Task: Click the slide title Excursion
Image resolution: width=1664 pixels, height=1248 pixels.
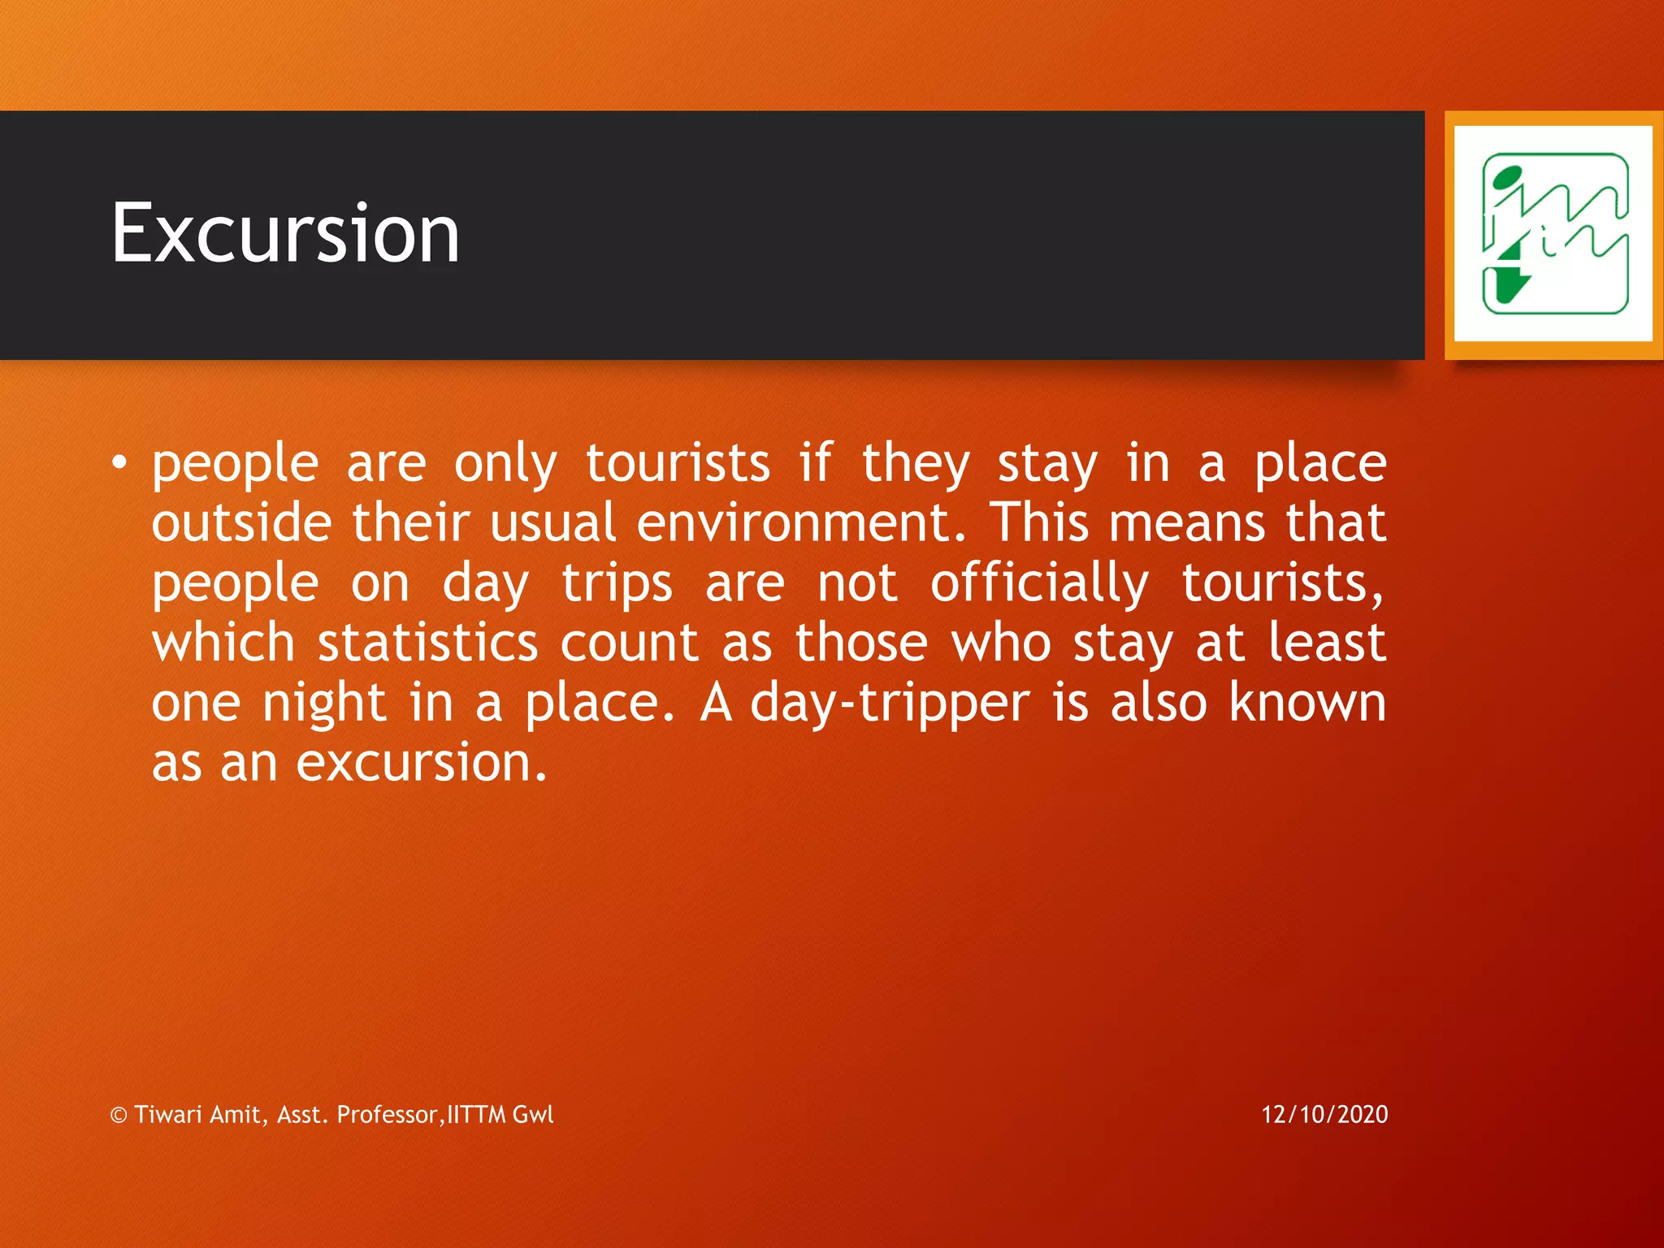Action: point(285,234)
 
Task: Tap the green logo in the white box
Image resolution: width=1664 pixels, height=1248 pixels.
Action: point(1554,234)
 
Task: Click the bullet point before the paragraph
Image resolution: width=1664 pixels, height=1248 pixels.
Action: point(120,462)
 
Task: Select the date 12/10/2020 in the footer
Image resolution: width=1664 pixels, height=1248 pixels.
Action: point(1324,1114)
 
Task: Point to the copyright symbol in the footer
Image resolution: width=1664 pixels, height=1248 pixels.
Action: point(119,1116)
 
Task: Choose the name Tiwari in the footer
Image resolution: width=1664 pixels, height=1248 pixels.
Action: point(168,1114)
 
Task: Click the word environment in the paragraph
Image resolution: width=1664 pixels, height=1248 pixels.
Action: point(801,522)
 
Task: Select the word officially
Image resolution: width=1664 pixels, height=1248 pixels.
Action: point(1039,583)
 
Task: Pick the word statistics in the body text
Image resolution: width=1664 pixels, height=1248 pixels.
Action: point(427,643)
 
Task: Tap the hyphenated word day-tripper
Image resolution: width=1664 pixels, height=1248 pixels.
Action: point(890,704)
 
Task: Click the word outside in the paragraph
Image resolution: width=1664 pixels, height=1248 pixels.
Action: point(241,522)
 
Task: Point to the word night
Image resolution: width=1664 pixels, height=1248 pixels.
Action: point(323,704)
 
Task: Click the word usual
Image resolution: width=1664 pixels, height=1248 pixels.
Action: point(552,522)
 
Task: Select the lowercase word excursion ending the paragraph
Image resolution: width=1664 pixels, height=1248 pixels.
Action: point(421,764)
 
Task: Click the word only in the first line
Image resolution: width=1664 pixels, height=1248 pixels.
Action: point(505,464)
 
